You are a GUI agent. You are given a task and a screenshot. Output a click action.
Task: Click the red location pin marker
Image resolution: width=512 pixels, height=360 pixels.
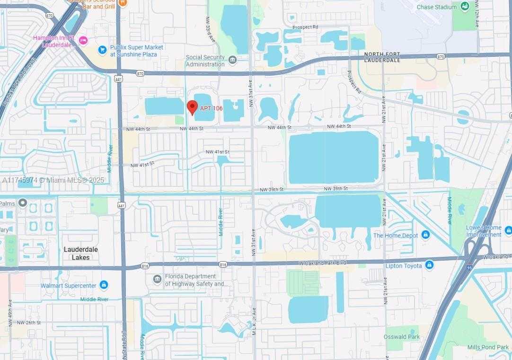[192, 107]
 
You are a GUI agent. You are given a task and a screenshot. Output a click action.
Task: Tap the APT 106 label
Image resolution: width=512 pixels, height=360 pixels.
[211, 108]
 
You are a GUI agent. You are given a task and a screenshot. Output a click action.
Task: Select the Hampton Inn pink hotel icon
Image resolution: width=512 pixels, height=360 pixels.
[83, 39]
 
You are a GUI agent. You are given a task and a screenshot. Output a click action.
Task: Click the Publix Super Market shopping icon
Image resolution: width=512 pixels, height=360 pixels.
[102, 50]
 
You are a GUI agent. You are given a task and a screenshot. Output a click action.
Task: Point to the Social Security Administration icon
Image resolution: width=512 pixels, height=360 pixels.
[232, 60]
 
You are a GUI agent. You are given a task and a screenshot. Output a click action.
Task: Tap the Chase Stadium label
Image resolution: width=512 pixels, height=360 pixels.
[436, 7]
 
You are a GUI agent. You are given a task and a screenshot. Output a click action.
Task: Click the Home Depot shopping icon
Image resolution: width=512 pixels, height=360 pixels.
[425, 235]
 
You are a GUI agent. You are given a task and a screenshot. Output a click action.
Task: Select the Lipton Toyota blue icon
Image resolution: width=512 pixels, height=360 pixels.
[429, 265]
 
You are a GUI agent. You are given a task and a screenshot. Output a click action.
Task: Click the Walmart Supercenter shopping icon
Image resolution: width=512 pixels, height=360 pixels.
[104, 285]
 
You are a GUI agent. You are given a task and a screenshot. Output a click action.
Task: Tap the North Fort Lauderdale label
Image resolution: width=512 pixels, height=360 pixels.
[382, 58]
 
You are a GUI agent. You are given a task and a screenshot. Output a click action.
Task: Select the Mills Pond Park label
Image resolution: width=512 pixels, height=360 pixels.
[487, 347]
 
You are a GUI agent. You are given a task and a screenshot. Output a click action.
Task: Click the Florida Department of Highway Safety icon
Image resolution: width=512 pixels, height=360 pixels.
[157, 279]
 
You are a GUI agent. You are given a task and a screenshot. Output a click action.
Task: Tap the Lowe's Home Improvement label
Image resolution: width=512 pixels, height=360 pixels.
[483, 231]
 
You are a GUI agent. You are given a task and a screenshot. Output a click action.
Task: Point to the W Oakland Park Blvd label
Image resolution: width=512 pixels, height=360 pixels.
[322, 263]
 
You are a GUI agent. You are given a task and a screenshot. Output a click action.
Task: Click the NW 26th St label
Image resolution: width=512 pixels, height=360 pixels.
[29, 323]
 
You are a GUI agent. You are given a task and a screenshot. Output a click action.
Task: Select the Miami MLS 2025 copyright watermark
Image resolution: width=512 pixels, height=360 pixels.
[53, 180]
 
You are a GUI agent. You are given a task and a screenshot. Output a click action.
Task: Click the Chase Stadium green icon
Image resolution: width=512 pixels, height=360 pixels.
[464, 6]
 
